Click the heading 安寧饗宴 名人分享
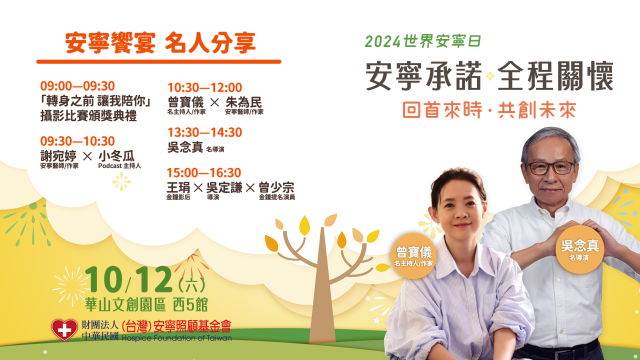click(x=160, y=43)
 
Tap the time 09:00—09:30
click(x=77, y=86)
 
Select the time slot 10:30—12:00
click(x=205, y=88)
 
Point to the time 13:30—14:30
click(x=205, y=132)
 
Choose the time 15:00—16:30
click(x=204, y=173)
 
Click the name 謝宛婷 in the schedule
click(x=58, y=156)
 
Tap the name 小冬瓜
click(x=116, y=156)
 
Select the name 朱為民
click(x=244, y=102)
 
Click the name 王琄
click(x=178, y=188)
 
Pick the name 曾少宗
click(x=277, y=188)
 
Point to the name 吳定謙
click(x=224, y=188)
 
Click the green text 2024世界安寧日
click(x=423, y=41)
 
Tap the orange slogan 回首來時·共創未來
click(x=489, y=110)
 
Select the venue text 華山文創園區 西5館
click(x=146, y=305)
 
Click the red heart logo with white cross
click(x=64, y=330)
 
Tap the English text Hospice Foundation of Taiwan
click(x=177, y=338)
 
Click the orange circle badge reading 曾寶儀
click(x=414, y=256)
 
